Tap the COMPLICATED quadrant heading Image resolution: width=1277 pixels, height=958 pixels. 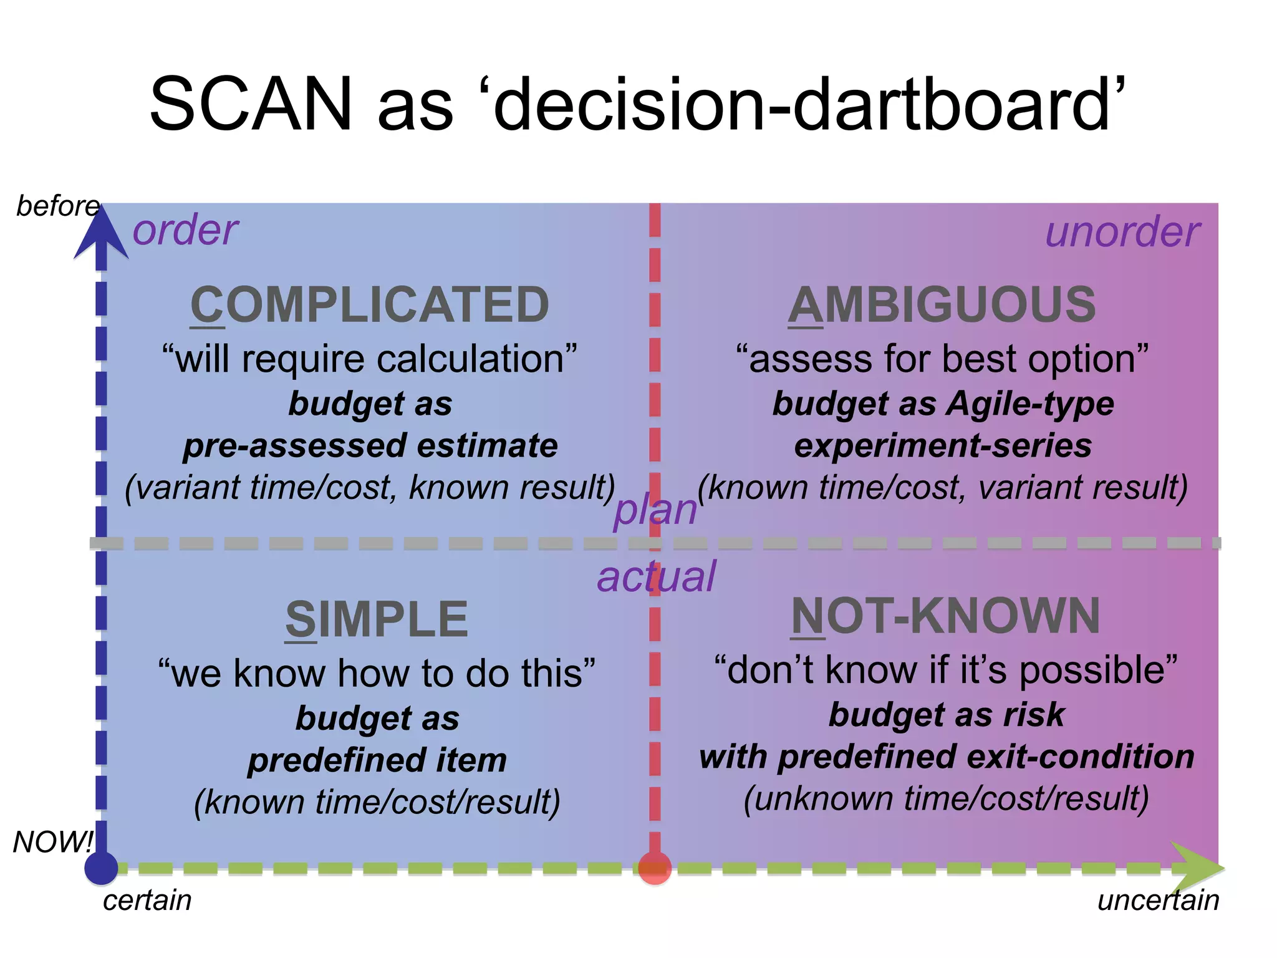(x=370, y=305)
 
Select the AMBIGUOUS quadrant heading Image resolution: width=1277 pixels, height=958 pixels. (x=942, y=305)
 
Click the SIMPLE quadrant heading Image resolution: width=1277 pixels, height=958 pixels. (x=377, y=619)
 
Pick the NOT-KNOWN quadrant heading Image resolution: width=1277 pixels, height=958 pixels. (x=945, y=616)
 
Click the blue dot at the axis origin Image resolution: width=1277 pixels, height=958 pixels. (x=101, y=868)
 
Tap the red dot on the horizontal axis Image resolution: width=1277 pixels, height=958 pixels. (x=655, y=868)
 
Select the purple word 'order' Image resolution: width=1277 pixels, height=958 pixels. (x=185, y=230)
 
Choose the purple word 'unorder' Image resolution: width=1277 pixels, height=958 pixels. (x=1122, y=232)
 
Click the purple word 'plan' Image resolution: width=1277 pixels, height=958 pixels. (x=655, y=510)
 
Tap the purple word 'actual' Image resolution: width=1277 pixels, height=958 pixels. (x=656, y=577)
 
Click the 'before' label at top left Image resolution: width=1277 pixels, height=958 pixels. (x=57, y=206)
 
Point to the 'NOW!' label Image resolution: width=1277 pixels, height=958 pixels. (x=53, y=842)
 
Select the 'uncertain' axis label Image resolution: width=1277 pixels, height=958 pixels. (x=1158, y=901)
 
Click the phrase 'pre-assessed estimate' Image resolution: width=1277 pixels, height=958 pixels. (x=370, y=446)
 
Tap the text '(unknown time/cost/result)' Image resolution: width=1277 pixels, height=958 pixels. (x=946, y=799)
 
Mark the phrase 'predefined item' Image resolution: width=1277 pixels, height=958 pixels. (x=377, y=760)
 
